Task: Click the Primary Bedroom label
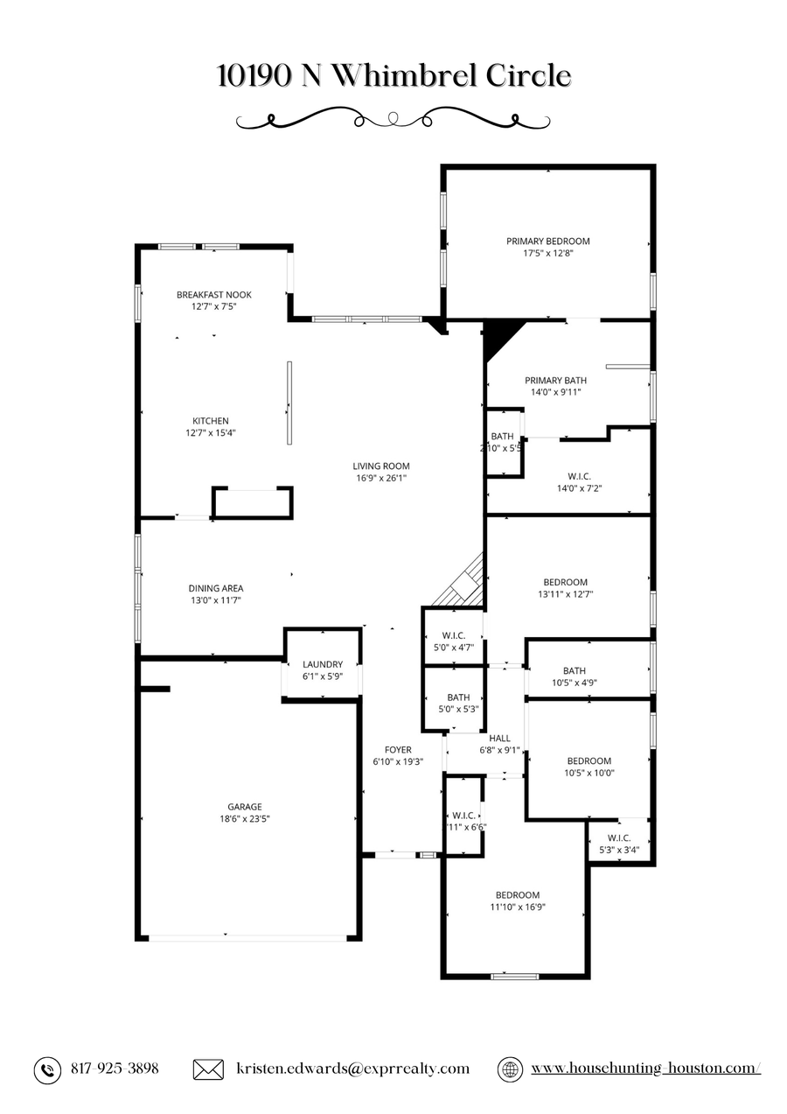tap(547, 242)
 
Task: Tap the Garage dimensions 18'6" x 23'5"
tap(245, 819)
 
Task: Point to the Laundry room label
tap(323, 664)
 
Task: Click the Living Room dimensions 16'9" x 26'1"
tap(380, 479)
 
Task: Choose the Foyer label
tap(398, 750)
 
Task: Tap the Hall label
tap(499, 738)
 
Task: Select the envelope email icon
tap(207, 1069)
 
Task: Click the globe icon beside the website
tap(510, 1069)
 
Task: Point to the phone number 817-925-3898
tap(114, 1069)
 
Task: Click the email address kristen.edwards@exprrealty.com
tap(352, 1069)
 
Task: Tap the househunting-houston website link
tap(645, 1069)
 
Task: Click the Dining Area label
tap(216, 588)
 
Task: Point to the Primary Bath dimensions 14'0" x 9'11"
tap(555, 393)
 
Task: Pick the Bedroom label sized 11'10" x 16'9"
tap(518, 894)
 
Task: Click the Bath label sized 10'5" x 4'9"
tap(575, 671)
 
